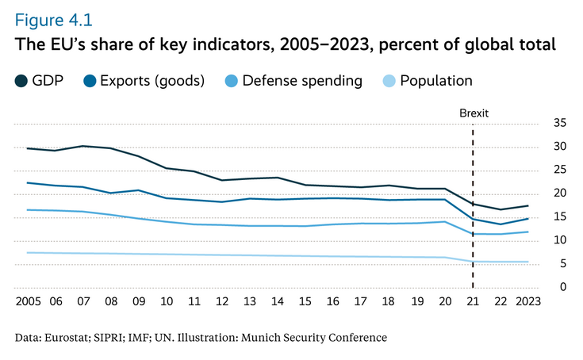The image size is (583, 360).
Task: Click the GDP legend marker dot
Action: coord(21,80)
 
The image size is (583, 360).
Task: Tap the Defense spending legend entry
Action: coord(302,80)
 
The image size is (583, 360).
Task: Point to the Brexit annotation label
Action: coord(474,113)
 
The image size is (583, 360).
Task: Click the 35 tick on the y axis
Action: coord(560,123)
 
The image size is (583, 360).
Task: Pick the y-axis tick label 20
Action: coord(560,193)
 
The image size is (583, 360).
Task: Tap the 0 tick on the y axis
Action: coord(562,287)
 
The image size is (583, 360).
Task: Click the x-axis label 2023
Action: coord(527,302)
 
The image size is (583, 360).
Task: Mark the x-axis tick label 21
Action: coord(474,302)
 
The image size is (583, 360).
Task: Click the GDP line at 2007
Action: coord(82,146)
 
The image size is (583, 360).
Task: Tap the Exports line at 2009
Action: coord(138,190)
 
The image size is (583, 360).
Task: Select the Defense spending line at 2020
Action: coord(445,222)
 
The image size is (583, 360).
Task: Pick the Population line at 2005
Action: coord(28,252)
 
